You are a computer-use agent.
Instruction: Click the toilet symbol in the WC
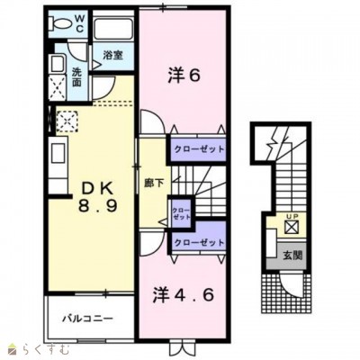(x=60, y=23)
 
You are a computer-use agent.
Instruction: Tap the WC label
(x=79, y=23)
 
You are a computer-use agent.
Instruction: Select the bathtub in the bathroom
(x=113, y=28)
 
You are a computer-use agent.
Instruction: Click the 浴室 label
(x=113, y=55)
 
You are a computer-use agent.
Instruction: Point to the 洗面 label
(x=76, y=76)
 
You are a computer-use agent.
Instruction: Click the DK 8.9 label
(x=97, y=198)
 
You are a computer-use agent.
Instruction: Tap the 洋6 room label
(x=184, y=76)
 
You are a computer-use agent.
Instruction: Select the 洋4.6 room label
(x=184, y=295)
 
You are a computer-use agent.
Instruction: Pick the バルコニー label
(x=87, y=319)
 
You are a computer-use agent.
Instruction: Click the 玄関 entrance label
(x=292, y=256)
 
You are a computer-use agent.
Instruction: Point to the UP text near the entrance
(x=290, y=216)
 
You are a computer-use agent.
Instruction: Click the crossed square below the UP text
(x=291, y=228)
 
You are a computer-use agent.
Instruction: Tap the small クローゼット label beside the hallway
(x=181, y=213)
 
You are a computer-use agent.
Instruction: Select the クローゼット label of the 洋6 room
(x=199, y=148)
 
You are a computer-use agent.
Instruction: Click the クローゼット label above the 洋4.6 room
(x=199, y=242)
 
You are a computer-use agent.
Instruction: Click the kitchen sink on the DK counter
(x=58, y=153)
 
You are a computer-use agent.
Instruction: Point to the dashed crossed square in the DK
(x=67, y=121)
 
